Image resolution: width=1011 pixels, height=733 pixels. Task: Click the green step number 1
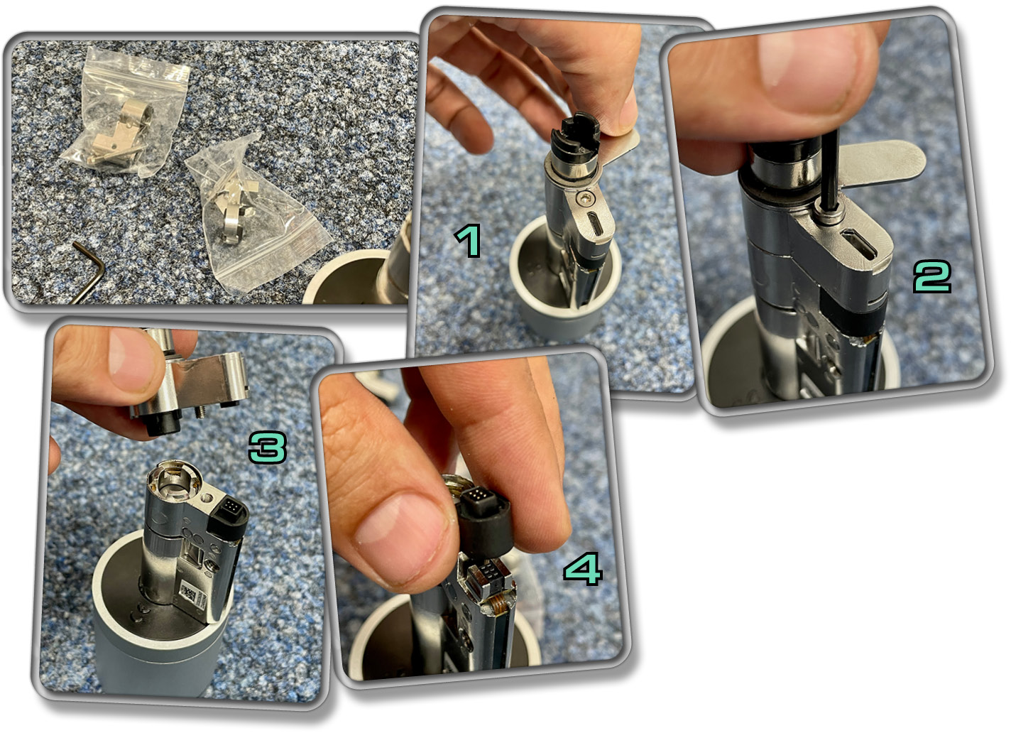pyautogui.click(x=468, y=241)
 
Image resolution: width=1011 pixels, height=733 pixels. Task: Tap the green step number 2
pyautogui.click(x=932, y=276)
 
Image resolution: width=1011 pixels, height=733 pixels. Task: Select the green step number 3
pyautogui.click(x=268, y=447)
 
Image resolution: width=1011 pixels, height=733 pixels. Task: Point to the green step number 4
pyautogui.click(x=583, y=570)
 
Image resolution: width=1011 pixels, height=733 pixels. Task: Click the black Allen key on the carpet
pyautogui.click(x=90, y=271)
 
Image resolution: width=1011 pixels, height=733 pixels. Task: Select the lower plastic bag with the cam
pyautogui.click(x=253, y=212)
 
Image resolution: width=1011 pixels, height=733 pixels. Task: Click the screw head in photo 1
pyautogui.click(x=586, y=197)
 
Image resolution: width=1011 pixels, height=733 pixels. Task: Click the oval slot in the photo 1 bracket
pyautogui.click(x=596, y=224)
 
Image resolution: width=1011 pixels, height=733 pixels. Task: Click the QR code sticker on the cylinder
pyautogui.click(x=192, y=596)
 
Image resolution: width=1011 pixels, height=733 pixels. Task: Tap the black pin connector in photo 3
pyautogui.click(x=230, y=511)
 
